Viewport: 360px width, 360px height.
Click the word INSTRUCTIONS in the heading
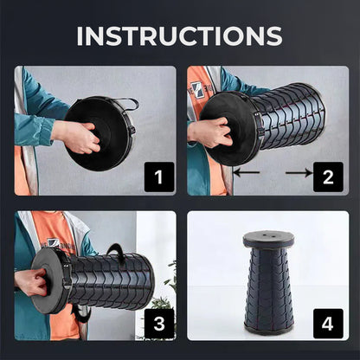179,36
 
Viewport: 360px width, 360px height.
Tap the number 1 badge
159,177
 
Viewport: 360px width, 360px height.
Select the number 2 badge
328,177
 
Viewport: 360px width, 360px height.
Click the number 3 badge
159,324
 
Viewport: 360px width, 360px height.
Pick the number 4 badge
328,324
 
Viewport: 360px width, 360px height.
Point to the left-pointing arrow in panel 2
247,173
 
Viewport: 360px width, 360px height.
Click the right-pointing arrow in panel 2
299,173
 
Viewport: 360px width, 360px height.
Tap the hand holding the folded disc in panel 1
76,137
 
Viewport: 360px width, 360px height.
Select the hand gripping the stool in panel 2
209,132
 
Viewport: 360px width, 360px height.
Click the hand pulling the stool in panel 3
31,282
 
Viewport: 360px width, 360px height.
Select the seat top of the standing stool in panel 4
268,239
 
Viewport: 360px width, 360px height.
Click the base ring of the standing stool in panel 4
269,330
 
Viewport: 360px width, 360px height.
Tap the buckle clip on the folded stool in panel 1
132,129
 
